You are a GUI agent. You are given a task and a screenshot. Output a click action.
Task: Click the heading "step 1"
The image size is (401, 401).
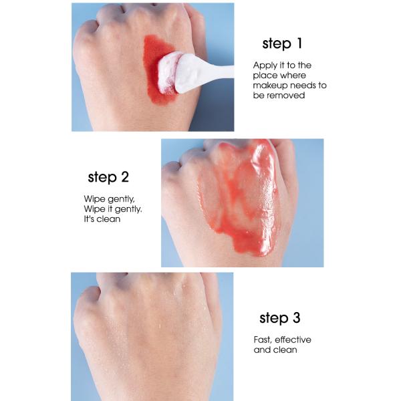point(282,44)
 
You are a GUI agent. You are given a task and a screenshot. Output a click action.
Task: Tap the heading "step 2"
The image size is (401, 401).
point(108,178)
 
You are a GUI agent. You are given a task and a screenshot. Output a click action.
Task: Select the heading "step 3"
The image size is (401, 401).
point(280,318)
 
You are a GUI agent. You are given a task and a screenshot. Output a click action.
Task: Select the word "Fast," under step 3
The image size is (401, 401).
point(263,340)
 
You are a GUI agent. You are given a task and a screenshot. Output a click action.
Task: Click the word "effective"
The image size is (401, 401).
point(293,340)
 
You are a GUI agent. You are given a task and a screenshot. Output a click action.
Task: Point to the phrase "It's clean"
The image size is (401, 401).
point(102,219)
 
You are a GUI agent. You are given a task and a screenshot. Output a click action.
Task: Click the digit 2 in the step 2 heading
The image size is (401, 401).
point(125,177)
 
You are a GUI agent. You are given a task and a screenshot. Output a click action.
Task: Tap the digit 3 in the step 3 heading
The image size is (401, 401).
point(296,318)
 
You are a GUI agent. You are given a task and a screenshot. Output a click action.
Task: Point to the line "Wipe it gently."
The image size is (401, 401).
point(113,209)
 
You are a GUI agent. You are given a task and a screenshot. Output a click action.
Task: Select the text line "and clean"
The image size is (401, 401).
point(275,350)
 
